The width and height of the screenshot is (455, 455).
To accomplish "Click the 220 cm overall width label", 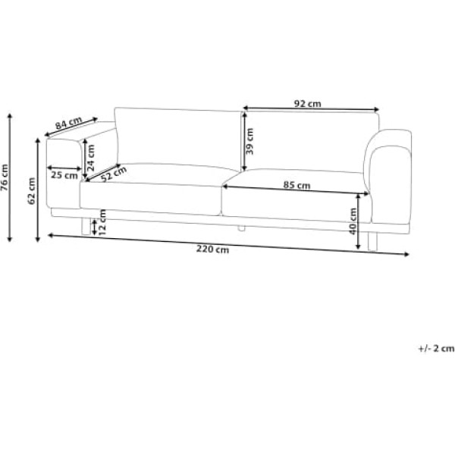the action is pyautogui.click(x=212, y=249).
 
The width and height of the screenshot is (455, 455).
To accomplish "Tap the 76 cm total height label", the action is pyautogui.click(x=5, y=177).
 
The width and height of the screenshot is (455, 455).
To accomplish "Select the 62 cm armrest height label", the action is pyautogui.click(x=31, y=190).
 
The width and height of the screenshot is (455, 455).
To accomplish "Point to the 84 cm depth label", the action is pyautogui.click(x=69, y=123).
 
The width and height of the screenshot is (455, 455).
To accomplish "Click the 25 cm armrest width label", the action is pyautogui.click(x=64, y=175).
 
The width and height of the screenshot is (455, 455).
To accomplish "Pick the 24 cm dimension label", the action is pyautogui.click(x=91, y=158).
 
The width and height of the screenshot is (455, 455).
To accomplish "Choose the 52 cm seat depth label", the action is pyautogui.click(x=114, y=174).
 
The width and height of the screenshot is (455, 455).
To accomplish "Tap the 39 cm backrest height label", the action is pyautogui.click(x=249, y=141).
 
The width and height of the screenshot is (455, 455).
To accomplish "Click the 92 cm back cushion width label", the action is pyautogui.click(x=308, y=104).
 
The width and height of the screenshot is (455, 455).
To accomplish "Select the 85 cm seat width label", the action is pyautogui.click(x=297, y=185).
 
